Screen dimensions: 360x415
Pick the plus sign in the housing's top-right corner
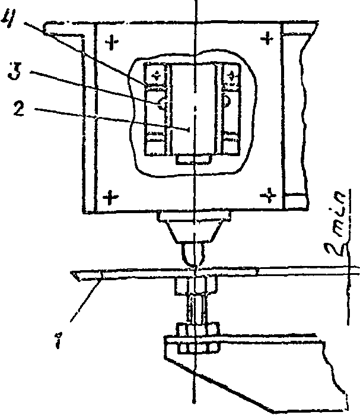point(268,40)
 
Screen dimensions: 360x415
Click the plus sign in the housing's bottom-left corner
point(109,197)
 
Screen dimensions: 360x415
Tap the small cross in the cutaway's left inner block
point(157,75)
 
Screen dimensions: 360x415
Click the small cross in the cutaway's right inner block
point(230,75)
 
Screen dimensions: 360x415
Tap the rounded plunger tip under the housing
point(195,256)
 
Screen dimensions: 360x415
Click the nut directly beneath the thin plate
point(192,287)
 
